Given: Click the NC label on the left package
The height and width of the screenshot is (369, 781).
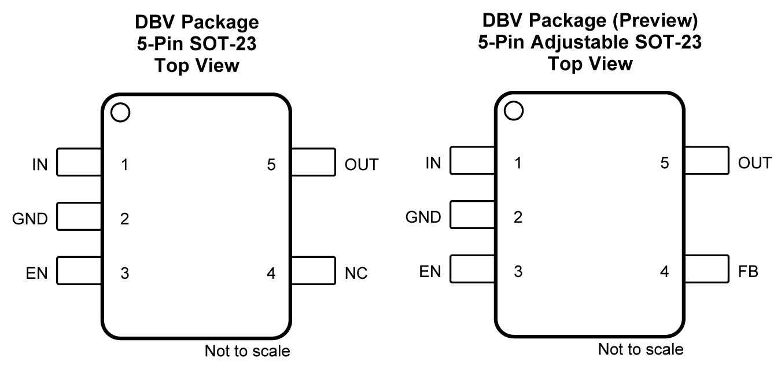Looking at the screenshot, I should (x=356, y=273).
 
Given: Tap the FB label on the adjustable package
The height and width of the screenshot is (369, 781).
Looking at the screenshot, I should (x=749, y=271).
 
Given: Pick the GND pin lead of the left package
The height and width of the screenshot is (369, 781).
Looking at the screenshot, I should (x=79, y=219).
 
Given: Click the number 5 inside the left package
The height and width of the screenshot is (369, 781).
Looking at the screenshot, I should (x=271, y=165).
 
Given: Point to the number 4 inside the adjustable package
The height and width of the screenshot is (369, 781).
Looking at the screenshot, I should (x=664, y=271).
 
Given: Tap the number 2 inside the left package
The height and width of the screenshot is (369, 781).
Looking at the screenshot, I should (x=124, y=219).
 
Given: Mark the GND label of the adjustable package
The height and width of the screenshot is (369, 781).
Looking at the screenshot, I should (x=423, y=217).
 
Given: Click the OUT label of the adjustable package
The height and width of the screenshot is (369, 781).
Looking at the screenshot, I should (x=755, y=163).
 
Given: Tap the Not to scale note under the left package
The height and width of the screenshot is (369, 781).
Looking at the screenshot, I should (x=247, y=351).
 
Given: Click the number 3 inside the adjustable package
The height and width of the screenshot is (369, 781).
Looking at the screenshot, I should (x=518, y=271).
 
